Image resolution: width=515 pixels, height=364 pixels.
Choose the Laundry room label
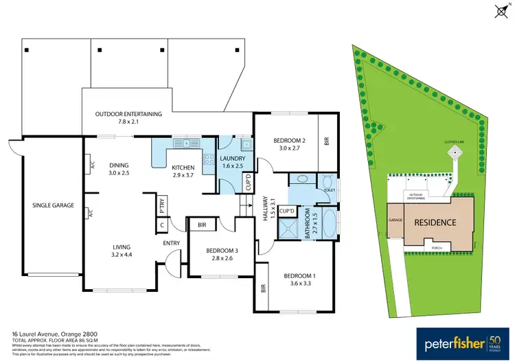pyautogui.click(x=232, y=162)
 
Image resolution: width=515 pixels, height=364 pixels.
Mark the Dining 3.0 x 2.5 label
pyautogui.click(x=119, y=168)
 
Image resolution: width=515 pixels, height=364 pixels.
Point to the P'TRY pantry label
pyautogui.click(x=162, y=203)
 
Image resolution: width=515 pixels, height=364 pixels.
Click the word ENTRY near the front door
pyautogui.click(x=171, y=243)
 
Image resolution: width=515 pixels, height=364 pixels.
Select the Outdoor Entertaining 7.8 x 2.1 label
pyautogui.click(x=128, y=117)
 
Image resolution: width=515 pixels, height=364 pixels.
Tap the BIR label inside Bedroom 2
pyautogui.click(x=327, y=142)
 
